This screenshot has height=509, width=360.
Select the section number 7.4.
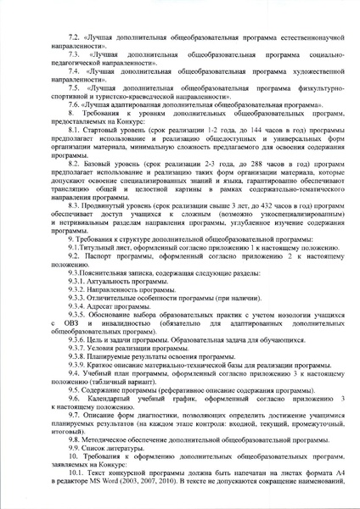pos(74,74)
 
